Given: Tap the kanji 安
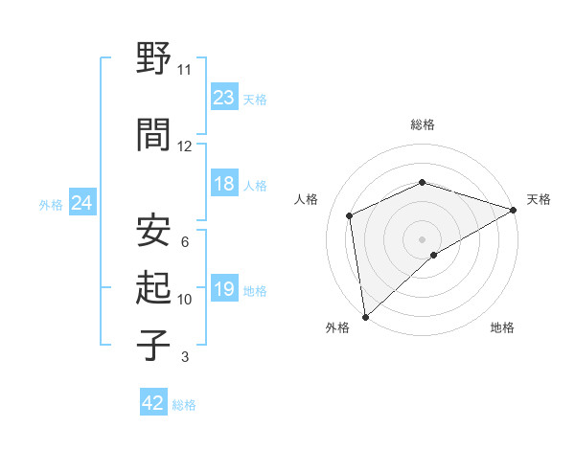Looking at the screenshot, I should click(153, 230).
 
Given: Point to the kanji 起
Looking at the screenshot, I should click(153, 287).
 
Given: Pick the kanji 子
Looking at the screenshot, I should click(153, 344).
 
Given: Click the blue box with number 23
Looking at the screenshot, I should click(224, 97).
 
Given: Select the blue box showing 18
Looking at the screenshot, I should click(224, 184).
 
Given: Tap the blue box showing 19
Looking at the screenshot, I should click(224, 289).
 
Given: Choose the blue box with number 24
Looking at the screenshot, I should click(81, 203).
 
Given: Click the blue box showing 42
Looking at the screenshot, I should click(153, 403).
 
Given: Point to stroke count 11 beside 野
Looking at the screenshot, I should click(184, 70).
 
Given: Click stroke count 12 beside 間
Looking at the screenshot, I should click(184, 146).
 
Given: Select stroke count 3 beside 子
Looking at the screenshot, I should click(184, 357).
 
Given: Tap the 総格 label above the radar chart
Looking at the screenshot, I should click(422, 124).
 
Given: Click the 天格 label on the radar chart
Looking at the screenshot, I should click(539, 199).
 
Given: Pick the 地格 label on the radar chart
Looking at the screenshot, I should click(502, 327).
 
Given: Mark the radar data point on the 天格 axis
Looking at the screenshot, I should click(514, 210).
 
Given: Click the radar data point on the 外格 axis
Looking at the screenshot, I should click(364, 316).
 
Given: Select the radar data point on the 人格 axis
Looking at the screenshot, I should click(350, 215).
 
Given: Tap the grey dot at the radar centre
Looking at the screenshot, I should click(422, 238).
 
